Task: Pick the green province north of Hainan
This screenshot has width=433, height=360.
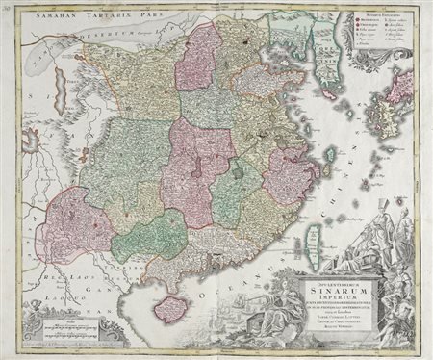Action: pos(148,237)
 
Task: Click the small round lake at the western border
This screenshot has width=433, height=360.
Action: pos(30,144)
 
